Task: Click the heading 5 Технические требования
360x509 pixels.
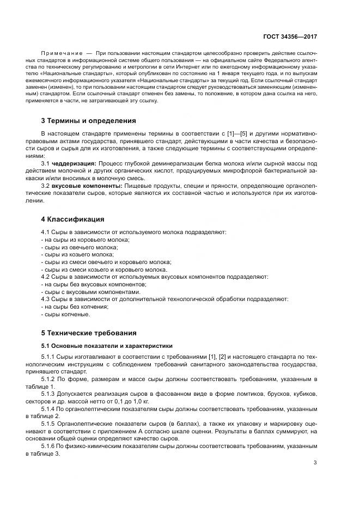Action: [x=89, y=333]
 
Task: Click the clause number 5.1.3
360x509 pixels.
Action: [x=50, y=392]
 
